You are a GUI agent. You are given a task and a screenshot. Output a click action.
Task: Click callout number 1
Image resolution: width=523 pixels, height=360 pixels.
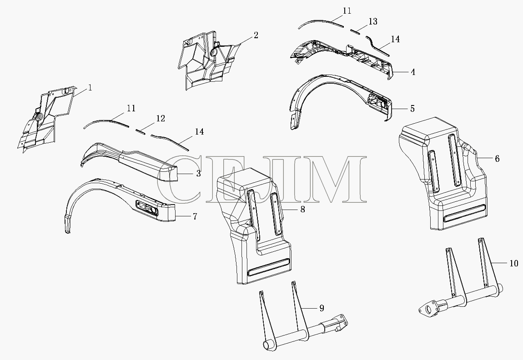coord(90,88)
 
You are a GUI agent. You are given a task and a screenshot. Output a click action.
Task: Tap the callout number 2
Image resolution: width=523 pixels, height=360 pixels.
coord(256,35)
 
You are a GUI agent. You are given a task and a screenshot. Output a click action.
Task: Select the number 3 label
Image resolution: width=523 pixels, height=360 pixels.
coord(198,173)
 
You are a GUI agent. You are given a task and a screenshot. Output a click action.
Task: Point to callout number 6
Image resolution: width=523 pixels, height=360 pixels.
coord(497,159)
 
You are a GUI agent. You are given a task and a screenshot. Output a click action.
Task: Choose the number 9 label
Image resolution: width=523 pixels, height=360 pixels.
coord(322,308)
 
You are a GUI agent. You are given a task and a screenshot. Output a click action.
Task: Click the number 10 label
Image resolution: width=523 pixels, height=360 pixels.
coord(514,263)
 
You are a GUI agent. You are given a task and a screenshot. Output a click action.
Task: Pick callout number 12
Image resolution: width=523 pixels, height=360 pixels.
coord(161,118)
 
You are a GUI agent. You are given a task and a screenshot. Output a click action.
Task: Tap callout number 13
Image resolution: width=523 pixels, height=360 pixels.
coord(373,22)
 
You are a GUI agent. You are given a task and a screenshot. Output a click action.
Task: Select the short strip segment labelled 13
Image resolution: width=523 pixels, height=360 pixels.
coord(355,31)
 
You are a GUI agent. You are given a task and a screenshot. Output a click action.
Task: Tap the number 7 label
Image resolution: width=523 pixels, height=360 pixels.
coord(195,216)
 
